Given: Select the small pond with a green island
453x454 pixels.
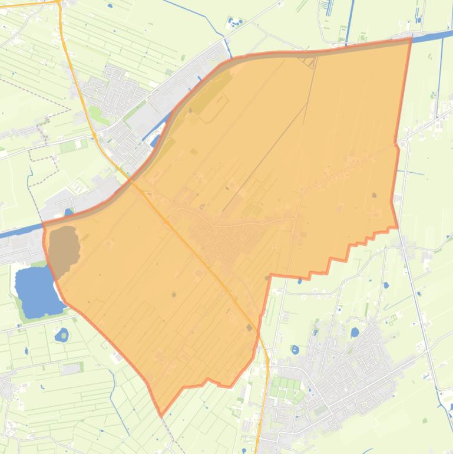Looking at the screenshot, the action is coord(62,336).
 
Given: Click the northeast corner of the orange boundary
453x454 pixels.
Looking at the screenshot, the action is coord(411,39).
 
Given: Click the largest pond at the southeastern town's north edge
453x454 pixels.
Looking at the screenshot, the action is coord(355,332).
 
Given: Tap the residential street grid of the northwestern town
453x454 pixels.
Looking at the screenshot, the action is coord(112,94).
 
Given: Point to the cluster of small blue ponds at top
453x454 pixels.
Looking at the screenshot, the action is coord(234,24).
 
